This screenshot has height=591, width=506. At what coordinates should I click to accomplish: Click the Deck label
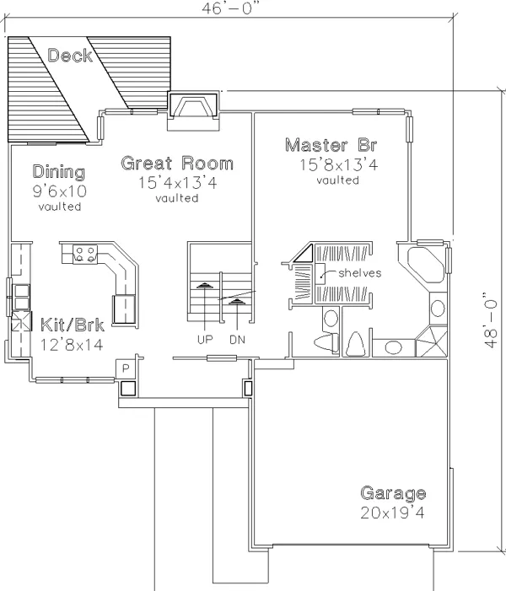[70, 56]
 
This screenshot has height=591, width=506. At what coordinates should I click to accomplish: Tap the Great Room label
[177, 164]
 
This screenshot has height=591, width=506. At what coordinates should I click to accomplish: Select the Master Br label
[331, 145]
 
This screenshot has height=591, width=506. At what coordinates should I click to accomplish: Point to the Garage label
[393, 493]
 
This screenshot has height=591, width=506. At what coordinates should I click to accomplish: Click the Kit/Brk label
[72, 325]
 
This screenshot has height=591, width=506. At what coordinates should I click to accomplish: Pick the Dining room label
[59, 172]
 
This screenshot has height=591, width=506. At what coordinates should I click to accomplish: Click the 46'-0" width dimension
[231, 8]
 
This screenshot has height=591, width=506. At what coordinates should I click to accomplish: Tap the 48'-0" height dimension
[488, 320]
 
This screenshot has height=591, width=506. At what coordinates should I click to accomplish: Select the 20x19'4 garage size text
[392, 513]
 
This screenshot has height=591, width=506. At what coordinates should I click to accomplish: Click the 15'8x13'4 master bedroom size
[338, 164]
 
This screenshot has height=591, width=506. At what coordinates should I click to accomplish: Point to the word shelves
[360, 272]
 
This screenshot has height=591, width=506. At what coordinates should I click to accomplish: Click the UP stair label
[205, 340]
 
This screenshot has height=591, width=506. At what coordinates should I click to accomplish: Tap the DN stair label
[237, 340]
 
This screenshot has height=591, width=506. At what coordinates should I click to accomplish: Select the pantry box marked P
[126, 368]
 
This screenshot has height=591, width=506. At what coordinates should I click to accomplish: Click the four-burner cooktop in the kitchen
[85, 254]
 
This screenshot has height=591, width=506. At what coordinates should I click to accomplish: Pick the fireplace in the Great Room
[193, 106]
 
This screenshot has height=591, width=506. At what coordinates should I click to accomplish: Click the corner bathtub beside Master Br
[425, 265]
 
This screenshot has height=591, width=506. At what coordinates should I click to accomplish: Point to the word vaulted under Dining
[60, 207]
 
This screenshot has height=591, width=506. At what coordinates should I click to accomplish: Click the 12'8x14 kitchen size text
[72, 345]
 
